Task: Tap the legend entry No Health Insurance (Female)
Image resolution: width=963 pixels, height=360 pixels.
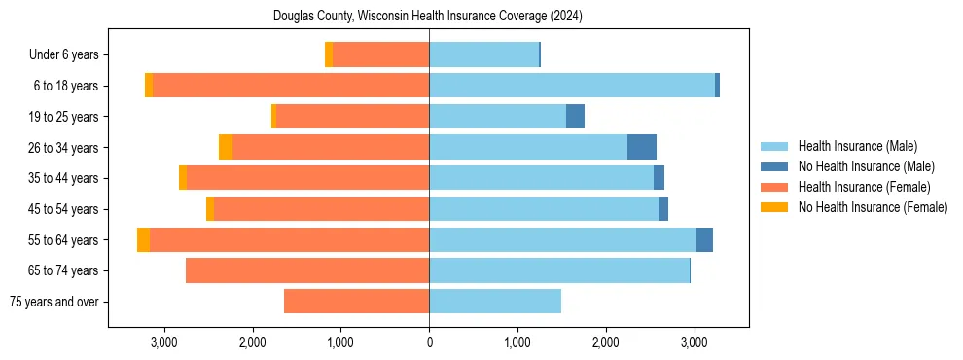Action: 873,207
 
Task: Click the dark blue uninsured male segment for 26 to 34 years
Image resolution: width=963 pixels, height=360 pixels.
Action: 641,147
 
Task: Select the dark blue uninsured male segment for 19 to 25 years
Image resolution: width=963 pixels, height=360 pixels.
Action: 575,117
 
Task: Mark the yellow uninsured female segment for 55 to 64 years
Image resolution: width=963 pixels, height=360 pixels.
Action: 143,239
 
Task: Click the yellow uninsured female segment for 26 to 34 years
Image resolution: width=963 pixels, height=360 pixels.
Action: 226,147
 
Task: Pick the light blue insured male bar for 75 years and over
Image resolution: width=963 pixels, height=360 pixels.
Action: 495,302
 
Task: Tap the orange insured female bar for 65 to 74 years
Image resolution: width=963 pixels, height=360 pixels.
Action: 307,270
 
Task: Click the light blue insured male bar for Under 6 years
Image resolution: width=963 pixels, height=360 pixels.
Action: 483,54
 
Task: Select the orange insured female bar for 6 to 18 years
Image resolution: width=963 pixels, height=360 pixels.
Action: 291,86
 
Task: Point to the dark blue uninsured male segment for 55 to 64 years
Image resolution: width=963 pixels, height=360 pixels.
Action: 704,239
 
